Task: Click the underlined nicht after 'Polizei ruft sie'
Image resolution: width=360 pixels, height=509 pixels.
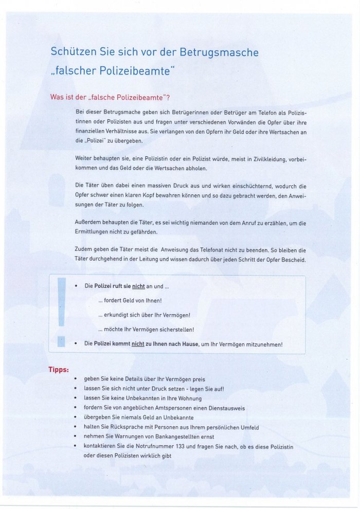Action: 138,286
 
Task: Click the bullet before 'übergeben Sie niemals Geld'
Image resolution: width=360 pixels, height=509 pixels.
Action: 76,418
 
